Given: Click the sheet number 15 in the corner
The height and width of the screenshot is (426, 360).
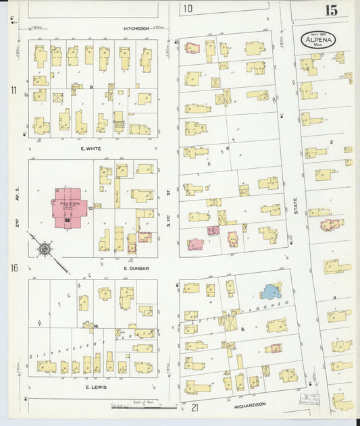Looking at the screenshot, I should pos(331,10).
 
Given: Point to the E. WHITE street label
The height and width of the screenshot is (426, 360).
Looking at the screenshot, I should pos(89,147).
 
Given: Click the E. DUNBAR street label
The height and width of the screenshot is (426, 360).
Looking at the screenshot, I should pos(135,268).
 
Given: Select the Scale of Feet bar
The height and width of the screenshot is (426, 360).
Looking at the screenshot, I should pos(144,406).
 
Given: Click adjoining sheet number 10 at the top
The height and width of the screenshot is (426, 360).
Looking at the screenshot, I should pos(187,9).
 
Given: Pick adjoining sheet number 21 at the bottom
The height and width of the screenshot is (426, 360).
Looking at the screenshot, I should pos(195,408).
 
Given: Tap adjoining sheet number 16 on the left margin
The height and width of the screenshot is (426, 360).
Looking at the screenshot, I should pos(14,268).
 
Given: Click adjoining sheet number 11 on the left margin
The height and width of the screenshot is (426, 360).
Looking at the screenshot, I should pos(14,90).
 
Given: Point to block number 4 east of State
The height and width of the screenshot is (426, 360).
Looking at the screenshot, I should pos(334,298).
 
